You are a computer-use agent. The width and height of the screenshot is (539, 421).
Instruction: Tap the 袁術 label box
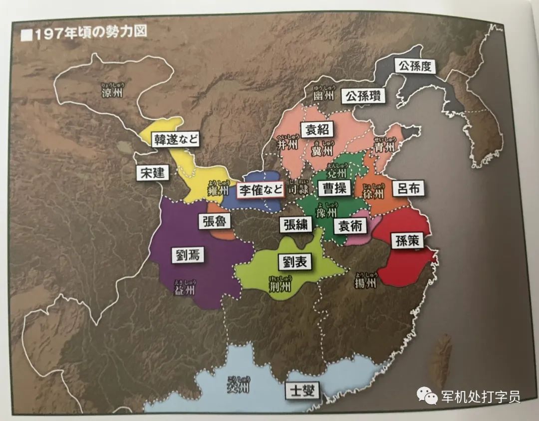tap(350, 225)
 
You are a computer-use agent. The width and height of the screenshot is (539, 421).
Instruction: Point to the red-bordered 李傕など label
tap(260, 190)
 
